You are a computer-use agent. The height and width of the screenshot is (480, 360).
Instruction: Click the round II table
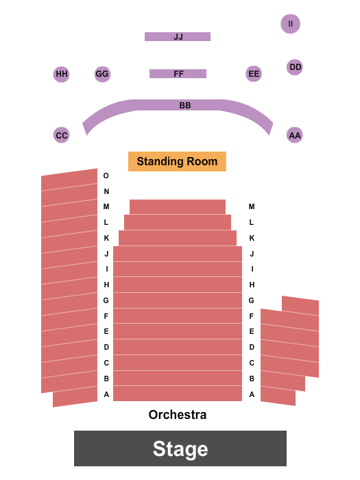point(290,24)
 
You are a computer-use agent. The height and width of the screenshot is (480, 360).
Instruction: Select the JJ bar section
point(178,37)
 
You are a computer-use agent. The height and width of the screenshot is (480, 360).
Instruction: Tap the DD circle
point(295,67)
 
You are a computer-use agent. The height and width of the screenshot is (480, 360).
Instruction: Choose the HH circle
point(62,74)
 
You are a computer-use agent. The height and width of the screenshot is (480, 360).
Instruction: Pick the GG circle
point(102,74)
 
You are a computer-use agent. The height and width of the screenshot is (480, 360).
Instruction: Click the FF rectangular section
point(178,74)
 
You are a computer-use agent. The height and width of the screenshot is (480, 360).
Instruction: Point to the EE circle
point(254,74)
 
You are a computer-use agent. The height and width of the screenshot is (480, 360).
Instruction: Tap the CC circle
point(62,135)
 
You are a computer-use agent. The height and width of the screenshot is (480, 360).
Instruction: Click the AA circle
point(295,135)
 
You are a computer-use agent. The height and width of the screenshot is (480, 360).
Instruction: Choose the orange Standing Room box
point(177,161)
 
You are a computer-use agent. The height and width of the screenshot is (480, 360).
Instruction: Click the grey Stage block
point(180,448)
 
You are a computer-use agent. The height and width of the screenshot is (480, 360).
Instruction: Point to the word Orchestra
point(178,415)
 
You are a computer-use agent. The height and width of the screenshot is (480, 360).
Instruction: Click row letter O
point(106,176)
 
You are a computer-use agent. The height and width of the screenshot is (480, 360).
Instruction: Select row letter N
point(106,191)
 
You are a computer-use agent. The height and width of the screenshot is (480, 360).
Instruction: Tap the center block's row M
point(178,207)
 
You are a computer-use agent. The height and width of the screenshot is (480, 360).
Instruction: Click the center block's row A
point(178,394)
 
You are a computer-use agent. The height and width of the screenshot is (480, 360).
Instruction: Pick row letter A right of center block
point(252,394)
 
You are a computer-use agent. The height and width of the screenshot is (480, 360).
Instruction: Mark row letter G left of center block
point(106,300)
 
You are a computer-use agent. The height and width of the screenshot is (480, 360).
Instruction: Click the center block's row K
point(178,238)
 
